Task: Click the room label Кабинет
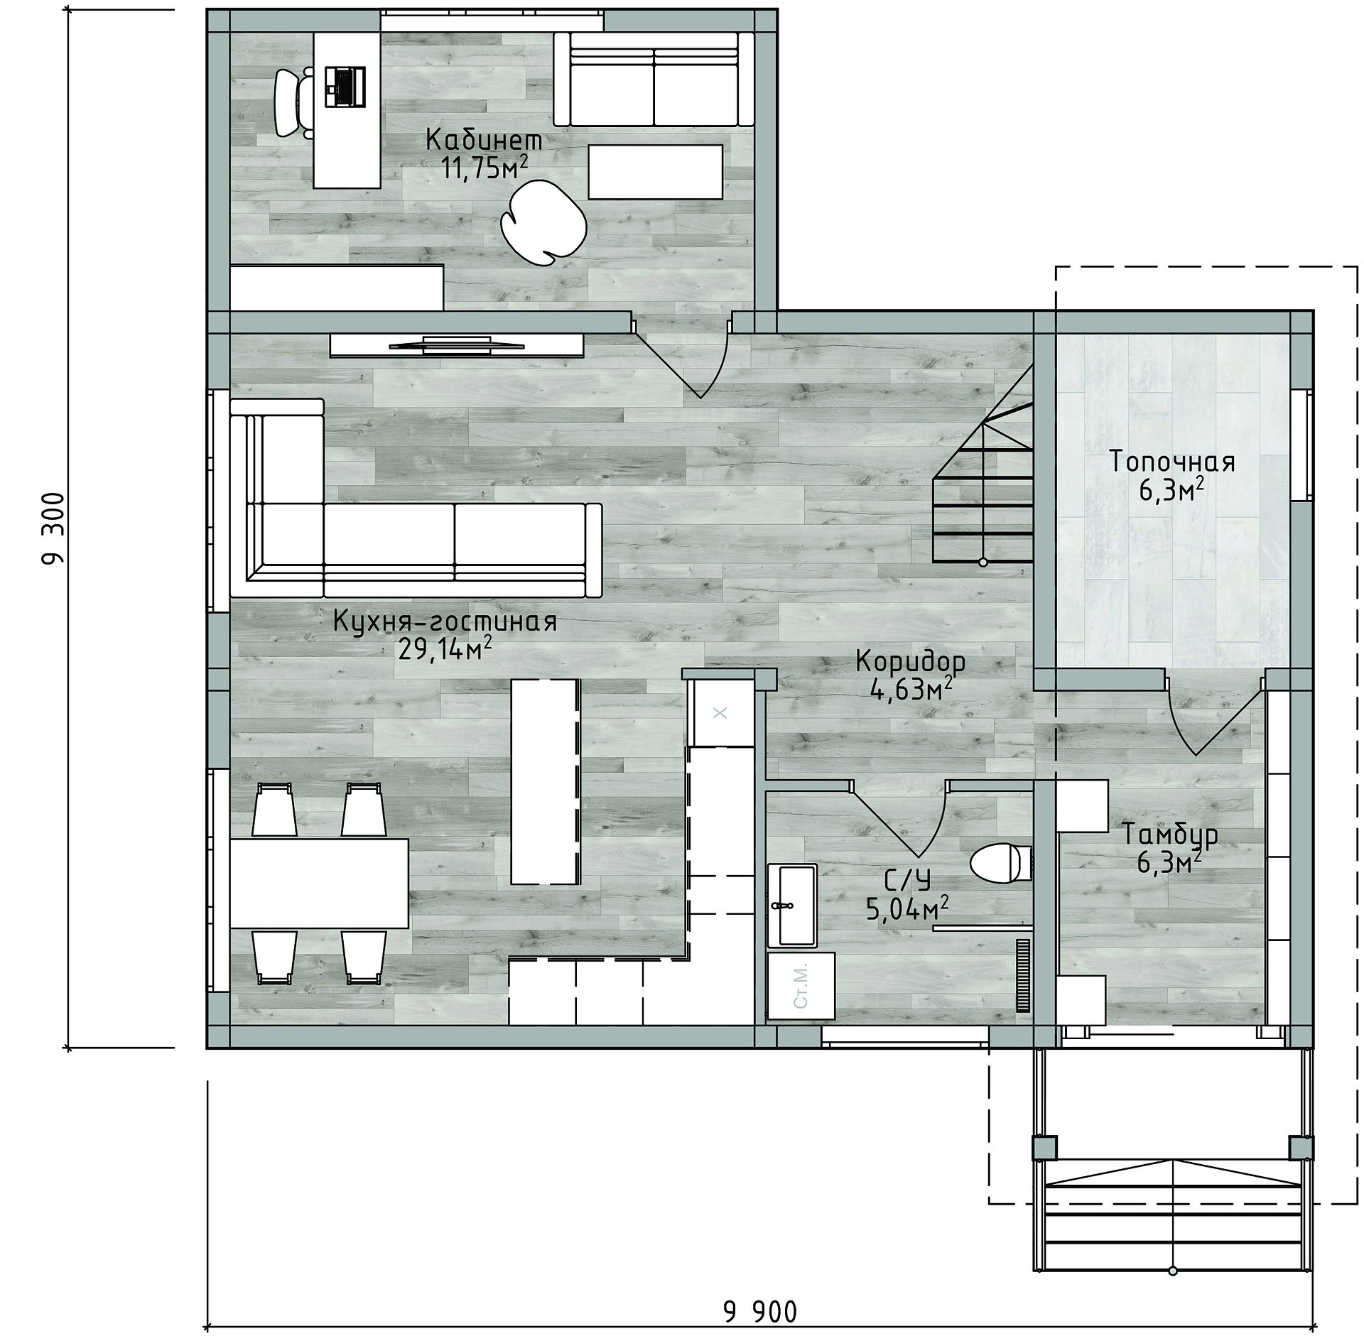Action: (x=484, y=140)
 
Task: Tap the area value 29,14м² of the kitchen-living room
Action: (x=445, y=649)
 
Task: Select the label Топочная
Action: (x=1172, y=462)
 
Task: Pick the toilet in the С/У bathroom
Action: (x=1000, y=863)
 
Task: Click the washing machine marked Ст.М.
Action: (x=801, y=987)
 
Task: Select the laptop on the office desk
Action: (x=345, y=87)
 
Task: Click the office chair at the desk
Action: (x=294, y=104)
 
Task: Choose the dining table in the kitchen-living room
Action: (x=319, y=883)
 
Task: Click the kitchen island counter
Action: (x=546, y=781)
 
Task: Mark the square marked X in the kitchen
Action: (x=720, y=712)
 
